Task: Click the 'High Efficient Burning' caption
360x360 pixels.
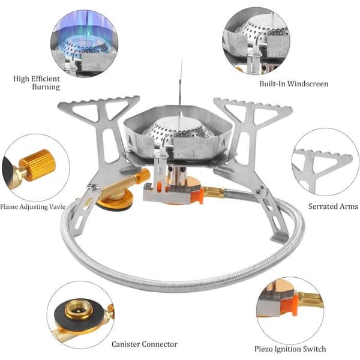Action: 37,83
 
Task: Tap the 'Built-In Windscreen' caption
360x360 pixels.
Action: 293,84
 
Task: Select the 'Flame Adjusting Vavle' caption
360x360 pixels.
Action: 33,206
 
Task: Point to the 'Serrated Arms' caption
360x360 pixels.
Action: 333,206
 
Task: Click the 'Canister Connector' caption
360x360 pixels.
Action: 145,344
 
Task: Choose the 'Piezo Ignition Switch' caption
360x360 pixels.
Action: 290,349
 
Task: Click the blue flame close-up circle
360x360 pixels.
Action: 85,44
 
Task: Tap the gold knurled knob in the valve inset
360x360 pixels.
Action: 37,165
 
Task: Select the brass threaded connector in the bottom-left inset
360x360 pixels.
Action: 78,310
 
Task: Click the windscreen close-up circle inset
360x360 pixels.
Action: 256,41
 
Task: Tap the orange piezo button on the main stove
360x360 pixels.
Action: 197,196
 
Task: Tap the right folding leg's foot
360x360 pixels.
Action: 279,237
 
